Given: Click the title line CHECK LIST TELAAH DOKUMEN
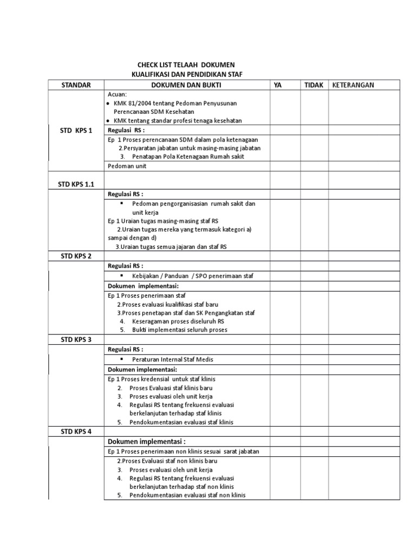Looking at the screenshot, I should pos(186,65).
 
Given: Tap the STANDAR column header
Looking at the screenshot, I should pos(76,85).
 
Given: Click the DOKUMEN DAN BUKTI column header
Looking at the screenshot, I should pos(186,85).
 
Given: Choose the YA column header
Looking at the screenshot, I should pos(278,85).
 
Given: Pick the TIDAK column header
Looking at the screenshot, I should pos(314,85).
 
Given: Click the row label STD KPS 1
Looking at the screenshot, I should pos(76,131).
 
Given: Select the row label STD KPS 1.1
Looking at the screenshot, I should pos(76,184).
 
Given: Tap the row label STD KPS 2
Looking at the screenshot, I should pos(76,256).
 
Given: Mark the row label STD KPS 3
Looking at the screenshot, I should pos(76,339).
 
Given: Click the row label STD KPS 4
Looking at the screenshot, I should pos(76,432).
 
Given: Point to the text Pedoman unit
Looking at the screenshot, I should pos(127,166).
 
